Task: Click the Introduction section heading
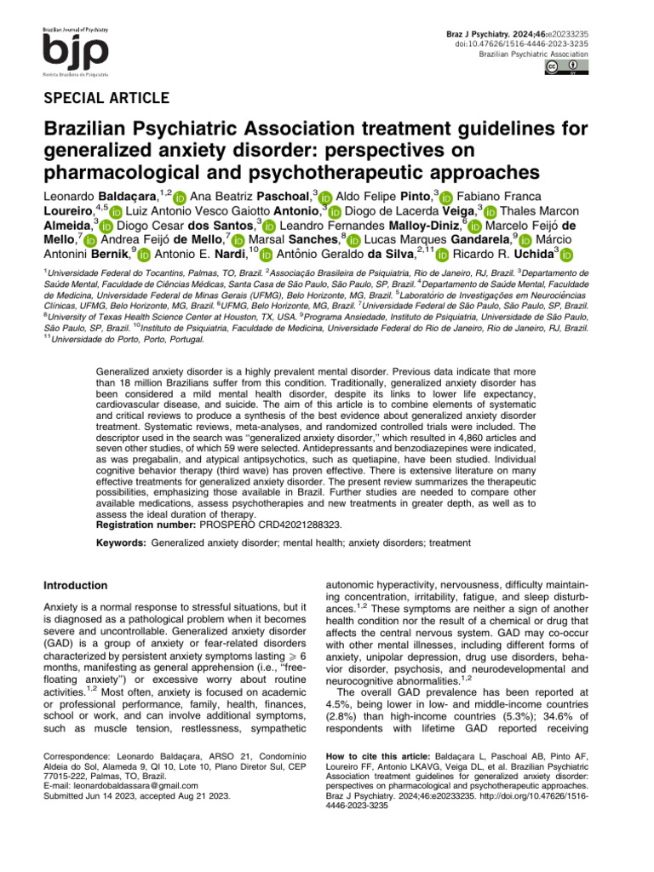click(x=75, y=586)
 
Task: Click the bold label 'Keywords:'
click(x=121, y=542)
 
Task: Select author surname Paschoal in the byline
click(x=278, y=198)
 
